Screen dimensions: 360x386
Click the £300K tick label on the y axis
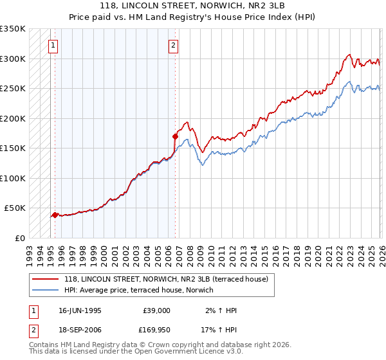(13, 59)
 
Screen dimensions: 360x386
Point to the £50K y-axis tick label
(15, 208)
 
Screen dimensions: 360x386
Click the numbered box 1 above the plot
(52, 45)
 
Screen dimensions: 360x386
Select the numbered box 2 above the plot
(174, 45)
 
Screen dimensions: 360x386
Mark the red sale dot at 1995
(55, 215)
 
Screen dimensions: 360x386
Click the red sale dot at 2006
(174, 136)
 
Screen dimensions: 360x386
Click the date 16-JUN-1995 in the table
(80, 310)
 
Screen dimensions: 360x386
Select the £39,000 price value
(156, 310)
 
